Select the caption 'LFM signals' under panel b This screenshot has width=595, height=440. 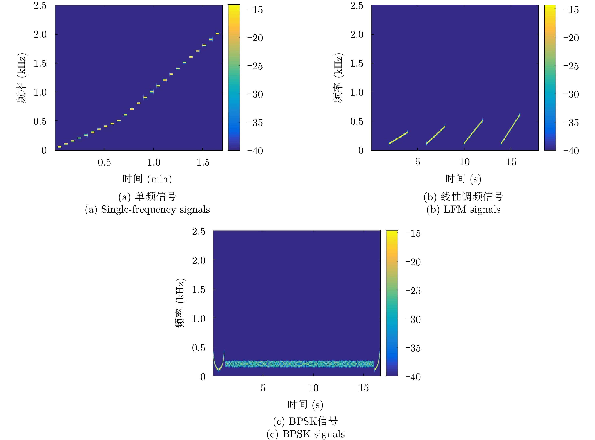tap(472, 210)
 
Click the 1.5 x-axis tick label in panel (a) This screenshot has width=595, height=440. tap(203, 162)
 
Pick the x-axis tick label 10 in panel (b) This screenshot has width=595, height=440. tap(464, 162)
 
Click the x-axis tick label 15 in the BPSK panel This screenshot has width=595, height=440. tap(364, 388)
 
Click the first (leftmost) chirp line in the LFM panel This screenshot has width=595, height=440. tap(398, 138)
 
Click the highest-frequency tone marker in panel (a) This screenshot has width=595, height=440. tap(217, 33)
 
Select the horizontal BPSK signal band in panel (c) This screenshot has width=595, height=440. tap(299, 364)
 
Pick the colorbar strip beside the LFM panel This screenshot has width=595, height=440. tap(550, 77)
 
